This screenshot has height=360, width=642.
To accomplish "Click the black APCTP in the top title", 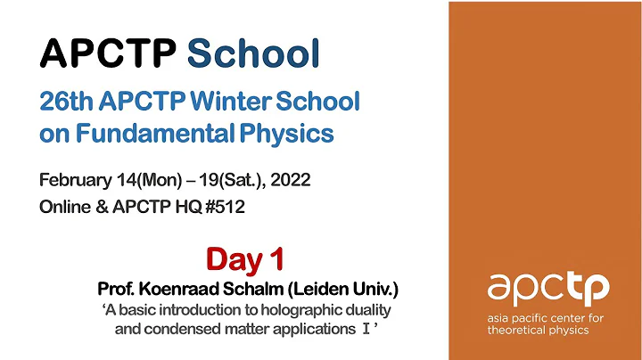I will (x=107, y=54).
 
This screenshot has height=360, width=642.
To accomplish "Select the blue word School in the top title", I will (x=253, y=54).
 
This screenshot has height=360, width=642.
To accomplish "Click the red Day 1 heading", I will (x=244, y=259).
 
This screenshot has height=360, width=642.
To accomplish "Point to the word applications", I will (x=308, y=328).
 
